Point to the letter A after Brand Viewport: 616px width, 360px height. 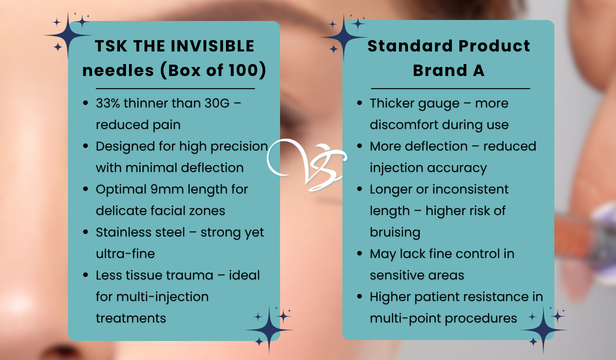pyautogui.click(x=478, y=70)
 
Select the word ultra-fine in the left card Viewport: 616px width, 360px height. pyautogui.click(x=125, y=253)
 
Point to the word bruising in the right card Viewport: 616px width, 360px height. pyautogui.click(x=395, y=232)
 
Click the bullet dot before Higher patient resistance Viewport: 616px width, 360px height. pyautogui.click(x=359, y=296)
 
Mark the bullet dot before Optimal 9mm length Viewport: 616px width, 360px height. pyautogui.click(x=85, y=189)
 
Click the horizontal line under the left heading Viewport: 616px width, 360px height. pyautogui.click(x=168, y=88)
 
